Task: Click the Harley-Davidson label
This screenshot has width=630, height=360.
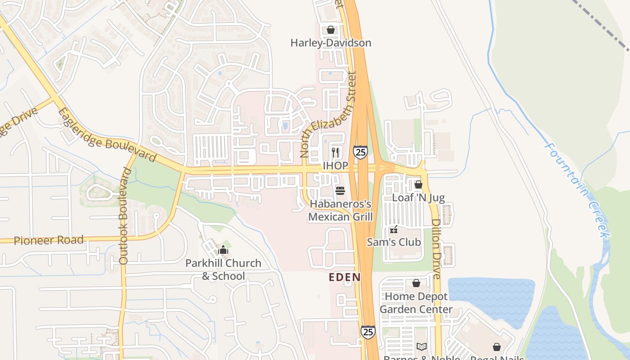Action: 331,43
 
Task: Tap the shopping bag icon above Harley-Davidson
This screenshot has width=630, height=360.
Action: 331,30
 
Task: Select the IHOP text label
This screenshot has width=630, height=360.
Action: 335,166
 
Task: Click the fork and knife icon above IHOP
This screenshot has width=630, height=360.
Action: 335,152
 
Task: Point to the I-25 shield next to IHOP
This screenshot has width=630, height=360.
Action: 360,152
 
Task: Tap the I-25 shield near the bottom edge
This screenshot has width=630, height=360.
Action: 368,332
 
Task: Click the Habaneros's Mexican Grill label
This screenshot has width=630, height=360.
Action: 341,211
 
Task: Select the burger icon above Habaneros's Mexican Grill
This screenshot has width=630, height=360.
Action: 340,191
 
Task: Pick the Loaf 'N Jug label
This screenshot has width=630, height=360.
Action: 418,198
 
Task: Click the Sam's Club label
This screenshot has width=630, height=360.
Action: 394,242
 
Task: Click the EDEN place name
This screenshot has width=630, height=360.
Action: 345,277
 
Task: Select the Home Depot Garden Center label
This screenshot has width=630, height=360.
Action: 416,303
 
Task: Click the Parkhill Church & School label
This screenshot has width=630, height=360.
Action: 223,270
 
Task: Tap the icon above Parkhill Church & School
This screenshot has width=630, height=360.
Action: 223,250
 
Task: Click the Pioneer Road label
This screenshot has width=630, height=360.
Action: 49,240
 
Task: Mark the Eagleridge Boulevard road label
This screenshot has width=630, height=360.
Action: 107,135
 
